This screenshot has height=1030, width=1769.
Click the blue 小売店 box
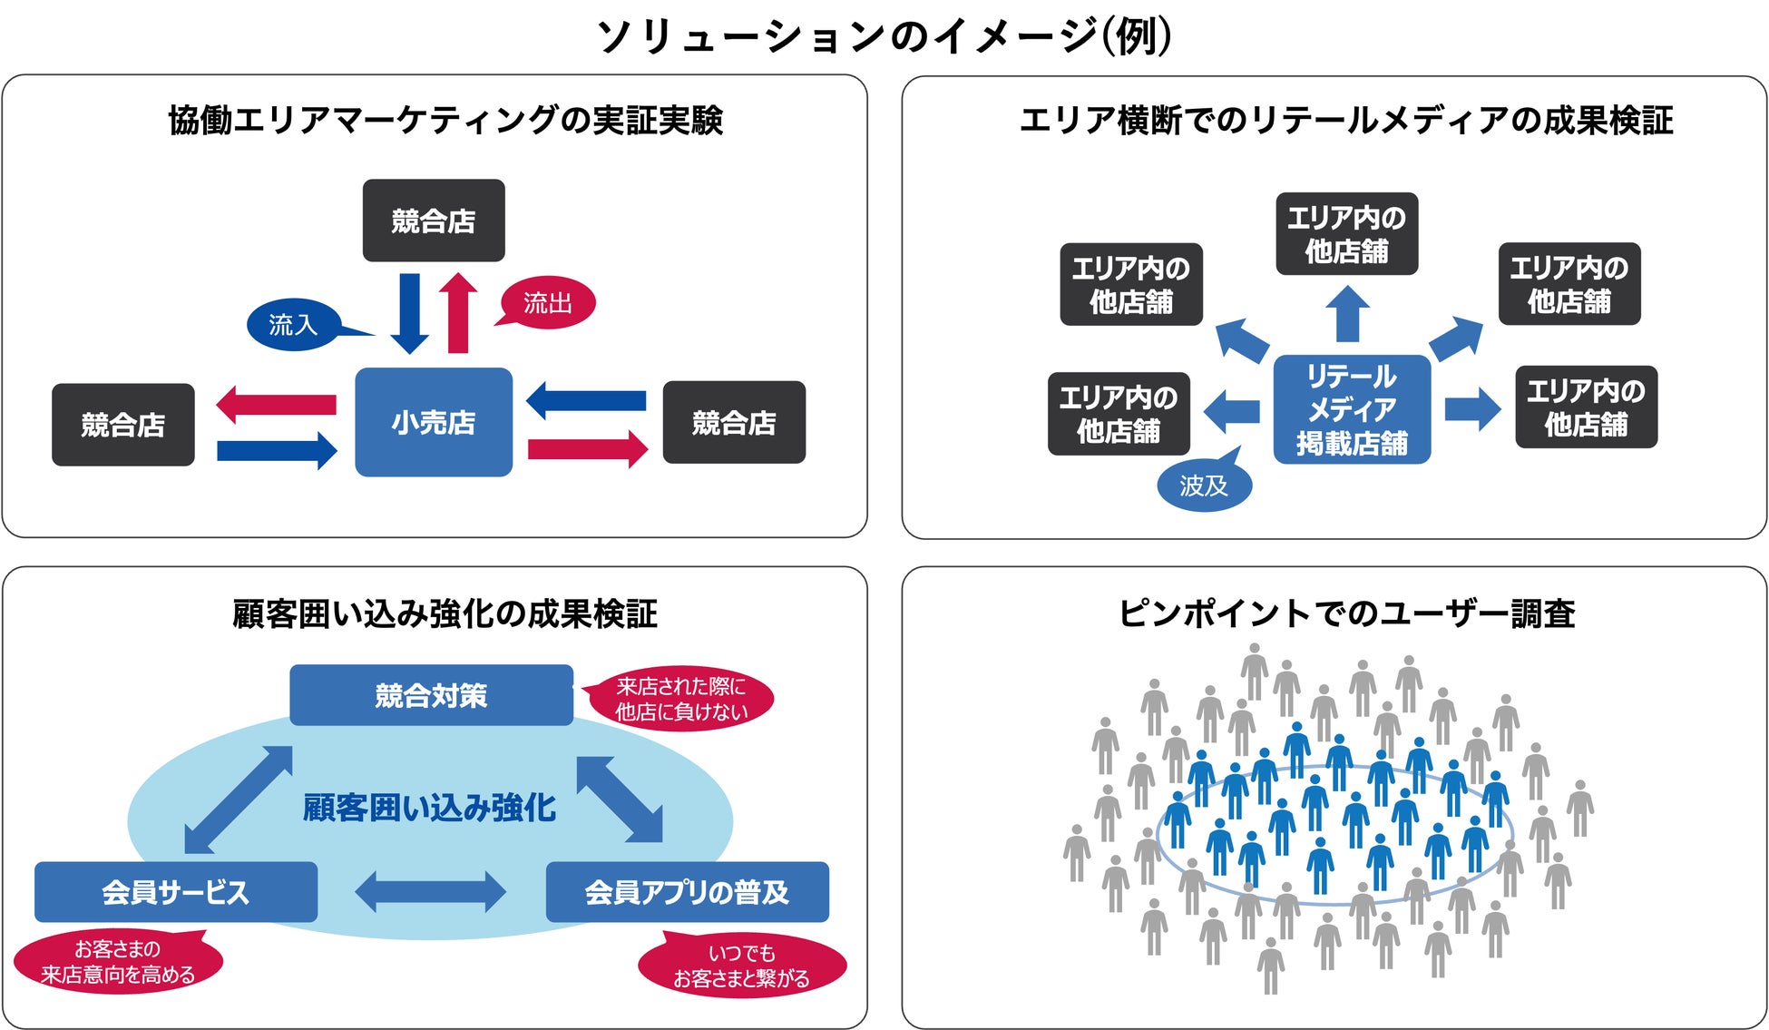pos(433,422)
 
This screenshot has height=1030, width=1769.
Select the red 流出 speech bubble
pos(547,302)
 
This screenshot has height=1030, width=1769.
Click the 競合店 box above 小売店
pos(434,221)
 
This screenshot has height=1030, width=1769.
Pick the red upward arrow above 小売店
pos(458,313)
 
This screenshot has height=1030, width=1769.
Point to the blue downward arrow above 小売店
pos(410,313)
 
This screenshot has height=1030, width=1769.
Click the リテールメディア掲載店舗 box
pos(1352,409)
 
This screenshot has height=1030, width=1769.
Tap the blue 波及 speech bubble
pos(1204,486)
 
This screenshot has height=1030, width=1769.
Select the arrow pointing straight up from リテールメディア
pos(1347,314)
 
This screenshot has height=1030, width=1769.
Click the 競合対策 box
pos(431,695)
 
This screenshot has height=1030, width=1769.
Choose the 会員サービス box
pos(176,892)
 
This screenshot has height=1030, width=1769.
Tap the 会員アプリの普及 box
pos(687,892)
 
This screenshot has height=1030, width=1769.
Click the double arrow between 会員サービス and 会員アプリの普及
pos(431,892)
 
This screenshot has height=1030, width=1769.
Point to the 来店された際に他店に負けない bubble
pos(681,699)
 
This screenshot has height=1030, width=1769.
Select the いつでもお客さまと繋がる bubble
pos(741,965)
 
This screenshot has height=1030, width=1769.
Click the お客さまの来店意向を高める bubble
pos(118,961)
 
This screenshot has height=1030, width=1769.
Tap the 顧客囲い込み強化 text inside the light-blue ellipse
pos(429,807)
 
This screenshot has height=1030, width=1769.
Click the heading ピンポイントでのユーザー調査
pos(1346,613)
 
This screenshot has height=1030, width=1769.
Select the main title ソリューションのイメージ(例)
pos(884,36)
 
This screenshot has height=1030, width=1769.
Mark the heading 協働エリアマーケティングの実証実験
pos(445,120)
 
